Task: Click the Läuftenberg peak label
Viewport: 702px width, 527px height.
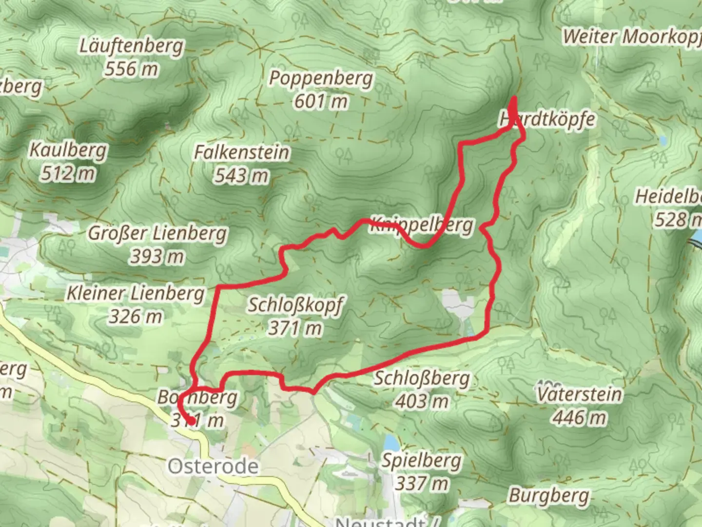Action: (132, 46)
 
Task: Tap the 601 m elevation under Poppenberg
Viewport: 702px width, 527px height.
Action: (321, 101)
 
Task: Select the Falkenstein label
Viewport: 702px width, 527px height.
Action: (242, 152)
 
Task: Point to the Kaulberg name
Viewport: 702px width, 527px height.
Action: (68, 150)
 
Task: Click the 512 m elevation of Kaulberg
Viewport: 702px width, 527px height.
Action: (68, 173)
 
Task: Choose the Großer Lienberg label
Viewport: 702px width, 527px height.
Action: (157, 233)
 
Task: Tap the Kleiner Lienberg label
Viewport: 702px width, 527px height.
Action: (136, 293)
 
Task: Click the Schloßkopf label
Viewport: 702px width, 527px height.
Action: (295, 305)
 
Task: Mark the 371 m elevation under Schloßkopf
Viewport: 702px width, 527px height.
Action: (295, 328)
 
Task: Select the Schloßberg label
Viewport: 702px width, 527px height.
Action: (422, 378)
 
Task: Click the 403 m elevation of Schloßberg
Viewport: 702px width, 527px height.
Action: (422, 402)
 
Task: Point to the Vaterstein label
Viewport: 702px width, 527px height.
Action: (580, 394)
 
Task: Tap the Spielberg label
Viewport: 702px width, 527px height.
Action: (421, 460)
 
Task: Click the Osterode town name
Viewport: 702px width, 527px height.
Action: (213, 466)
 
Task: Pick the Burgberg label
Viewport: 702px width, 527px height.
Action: (549, 496)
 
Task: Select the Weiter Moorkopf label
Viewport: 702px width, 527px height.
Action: (632, 37)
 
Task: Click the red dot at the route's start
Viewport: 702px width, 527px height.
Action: (192, 421)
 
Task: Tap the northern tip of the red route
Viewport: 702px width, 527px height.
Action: (514, 100)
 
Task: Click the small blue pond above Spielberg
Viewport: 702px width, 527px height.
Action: (390, 442)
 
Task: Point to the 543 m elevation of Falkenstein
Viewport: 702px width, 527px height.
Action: (242, 176)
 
